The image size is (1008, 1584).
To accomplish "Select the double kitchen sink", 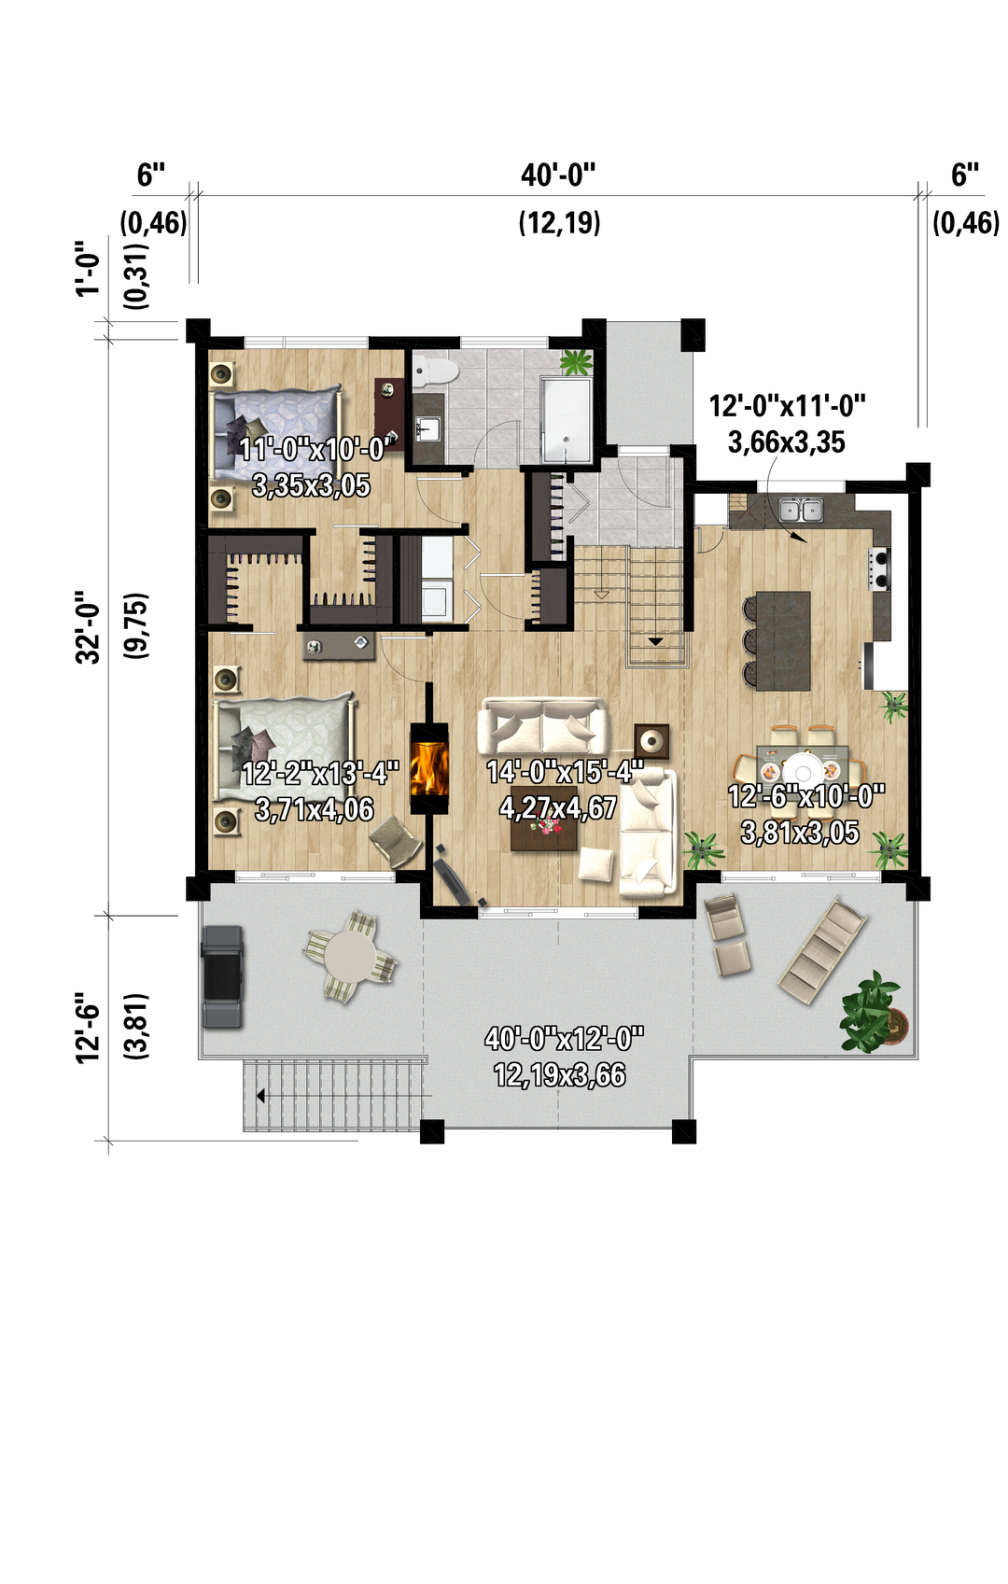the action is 801,509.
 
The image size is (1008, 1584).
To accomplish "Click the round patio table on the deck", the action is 350,956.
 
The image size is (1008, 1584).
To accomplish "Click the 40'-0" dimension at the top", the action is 558,175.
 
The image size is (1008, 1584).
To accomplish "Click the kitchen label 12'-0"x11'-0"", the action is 788,407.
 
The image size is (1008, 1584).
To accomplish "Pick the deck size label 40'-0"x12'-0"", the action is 564,1039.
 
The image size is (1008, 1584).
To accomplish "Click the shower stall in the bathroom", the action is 567,420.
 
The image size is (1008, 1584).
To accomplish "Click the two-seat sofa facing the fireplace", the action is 542,725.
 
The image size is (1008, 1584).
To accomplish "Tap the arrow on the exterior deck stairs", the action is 260,1096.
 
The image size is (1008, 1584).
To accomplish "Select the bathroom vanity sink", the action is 427,428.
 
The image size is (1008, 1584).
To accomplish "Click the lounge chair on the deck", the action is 823,950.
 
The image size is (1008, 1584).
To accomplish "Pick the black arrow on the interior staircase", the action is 655,642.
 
